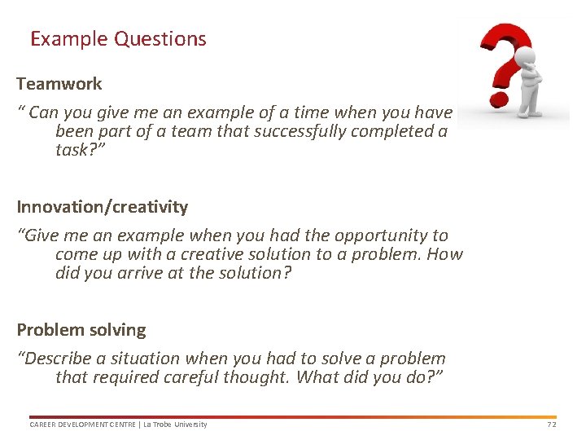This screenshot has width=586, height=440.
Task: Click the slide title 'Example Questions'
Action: coord(118,38)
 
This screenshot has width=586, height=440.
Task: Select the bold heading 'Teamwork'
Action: coord(59,84)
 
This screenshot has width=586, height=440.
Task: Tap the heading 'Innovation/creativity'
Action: coord(103,207)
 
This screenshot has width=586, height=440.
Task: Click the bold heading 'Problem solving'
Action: coord(81,330)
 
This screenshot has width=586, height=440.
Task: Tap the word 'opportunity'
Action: coord(384,235)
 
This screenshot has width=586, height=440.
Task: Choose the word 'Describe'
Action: coord(56,359)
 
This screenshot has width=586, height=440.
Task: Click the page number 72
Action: coord(551,425)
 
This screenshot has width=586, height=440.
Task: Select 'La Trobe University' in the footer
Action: coord(177,425)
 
